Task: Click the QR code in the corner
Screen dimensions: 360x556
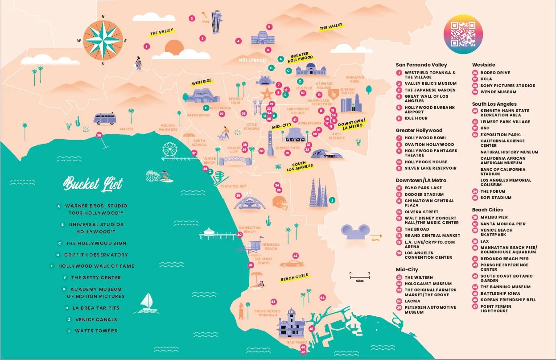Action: (x=463, y=33)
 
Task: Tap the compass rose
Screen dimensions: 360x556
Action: (x=103, y=41)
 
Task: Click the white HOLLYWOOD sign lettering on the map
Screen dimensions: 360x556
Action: (x=252, y=60)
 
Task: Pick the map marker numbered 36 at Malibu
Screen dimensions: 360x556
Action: (x=99, y=135)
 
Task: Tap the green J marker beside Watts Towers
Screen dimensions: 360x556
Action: (x=332, y=200)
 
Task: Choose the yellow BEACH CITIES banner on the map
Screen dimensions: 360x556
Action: (x=294, y=277)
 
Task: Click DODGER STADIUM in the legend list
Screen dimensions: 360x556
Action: (x=424, y=194)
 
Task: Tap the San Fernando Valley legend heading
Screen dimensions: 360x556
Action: (x=421, y=65)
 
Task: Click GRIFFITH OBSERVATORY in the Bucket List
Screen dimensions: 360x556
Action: (x=96, y=255)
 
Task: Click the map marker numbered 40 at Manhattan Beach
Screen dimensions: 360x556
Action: (x=239, y=234)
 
